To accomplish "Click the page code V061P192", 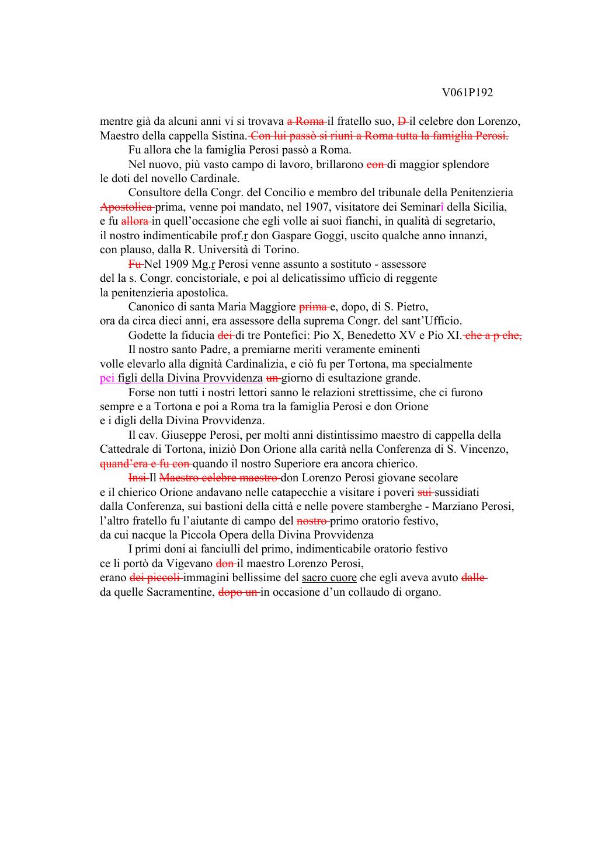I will pyautogui.click(x=467, y=93).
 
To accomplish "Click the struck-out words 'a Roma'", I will pyautogui.click(x=305, y=122).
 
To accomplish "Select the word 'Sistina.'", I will pyautogui.click(x=231, y=136).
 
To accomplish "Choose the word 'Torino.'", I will pyautogui.click(x=281, y=250).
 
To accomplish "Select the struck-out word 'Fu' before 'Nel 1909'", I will pyautogui.click(x=135, y=264).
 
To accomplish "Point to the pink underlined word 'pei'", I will pyautogui.click(x=107, y=378).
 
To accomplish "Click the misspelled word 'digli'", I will pyautogui.click(x=126, y=421).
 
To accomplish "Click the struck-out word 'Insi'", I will pyautogui.click(x=137, y=478).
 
